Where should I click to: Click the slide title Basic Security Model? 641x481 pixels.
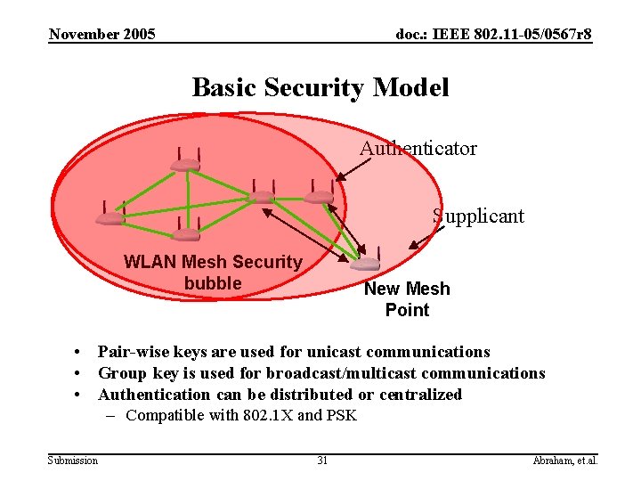point(320,87)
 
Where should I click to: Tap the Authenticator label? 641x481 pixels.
point(418,149)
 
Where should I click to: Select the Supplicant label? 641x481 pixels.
point(478,216)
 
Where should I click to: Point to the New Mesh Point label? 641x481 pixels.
point(407,299)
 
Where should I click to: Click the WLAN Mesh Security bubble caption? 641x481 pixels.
point(213,273)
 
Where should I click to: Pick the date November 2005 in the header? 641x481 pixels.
point(102,35)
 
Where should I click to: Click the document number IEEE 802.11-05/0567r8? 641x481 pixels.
point(493,35)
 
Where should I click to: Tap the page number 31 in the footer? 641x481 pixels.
point(322,461)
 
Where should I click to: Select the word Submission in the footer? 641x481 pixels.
point(73,461)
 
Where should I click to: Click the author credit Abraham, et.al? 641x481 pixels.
point(564,461)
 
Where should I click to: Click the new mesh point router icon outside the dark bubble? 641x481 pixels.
point(365,263)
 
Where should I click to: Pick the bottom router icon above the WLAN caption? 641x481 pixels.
point(186,234)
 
